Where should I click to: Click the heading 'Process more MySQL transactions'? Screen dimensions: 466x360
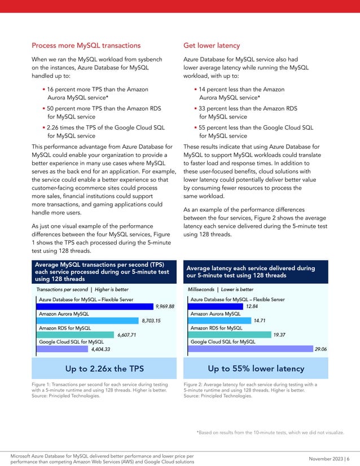tap(86, 45)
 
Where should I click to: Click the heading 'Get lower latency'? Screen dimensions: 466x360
tap(212, 45)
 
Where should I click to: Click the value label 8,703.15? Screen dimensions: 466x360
tap(151, 320)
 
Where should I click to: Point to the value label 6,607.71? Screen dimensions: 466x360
tap(126, 335)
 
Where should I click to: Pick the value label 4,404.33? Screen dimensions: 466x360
tap(100, 349)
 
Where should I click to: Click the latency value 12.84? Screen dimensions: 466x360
tap(252, 306)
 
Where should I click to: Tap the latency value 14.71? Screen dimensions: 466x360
tap(260, 320)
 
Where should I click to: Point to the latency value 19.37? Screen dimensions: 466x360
tap(279, 335)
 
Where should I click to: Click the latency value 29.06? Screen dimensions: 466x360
tap(320, 349)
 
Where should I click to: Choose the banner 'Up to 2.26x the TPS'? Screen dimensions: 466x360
tap(104, 368)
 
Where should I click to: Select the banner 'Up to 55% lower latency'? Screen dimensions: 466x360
tap(256, 368)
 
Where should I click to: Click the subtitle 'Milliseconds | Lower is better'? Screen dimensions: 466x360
tap(221, 289)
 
